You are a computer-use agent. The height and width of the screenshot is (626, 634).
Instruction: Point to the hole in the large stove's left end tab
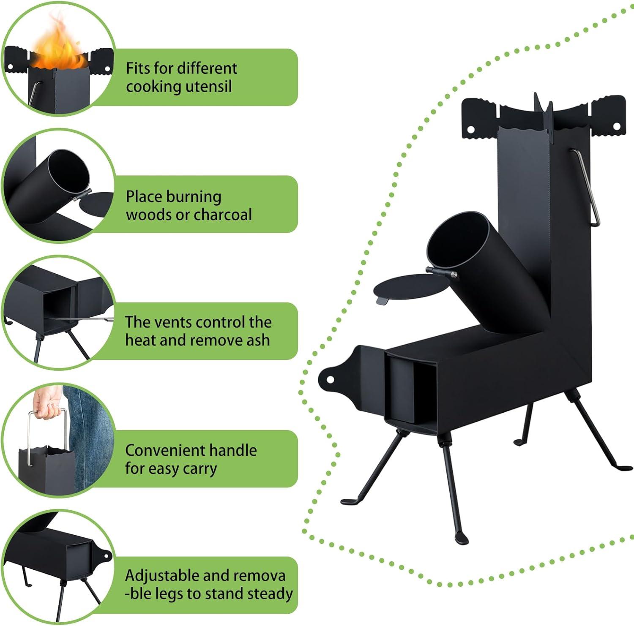coord(330,379)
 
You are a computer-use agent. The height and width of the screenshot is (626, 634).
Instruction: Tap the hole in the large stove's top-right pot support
coord(616,126)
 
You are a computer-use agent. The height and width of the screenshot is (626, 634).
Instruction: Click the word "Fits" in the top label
coord(138,68)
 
